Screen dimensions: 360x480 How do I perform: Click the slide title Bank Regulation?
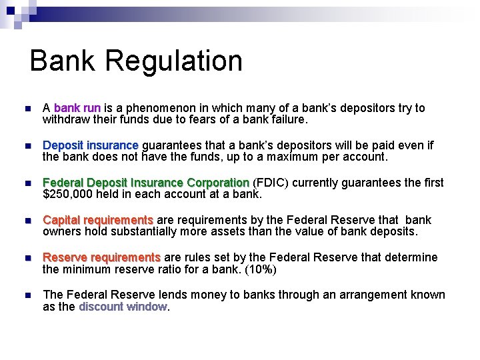point(136,61)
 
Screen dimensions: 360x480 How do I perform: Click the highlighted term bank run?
point(77,108)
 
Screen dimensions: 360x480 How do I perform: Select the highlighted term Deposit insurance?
point(91,145)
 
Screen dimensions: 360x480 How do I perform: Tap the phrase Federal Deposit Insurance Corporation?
point(146,183)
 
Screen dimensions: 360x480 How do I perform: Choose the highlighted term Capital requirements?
point(98,220)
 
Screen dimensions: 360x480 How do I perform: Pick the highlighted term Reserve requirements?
point(101,257)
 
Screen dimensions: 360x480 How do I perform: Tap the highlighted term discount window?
point(123,307)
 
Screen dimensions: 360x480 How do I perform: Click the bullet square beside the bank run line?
point(26,109)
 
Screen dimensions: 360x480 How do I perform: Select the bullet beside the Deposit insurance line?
point(26,146)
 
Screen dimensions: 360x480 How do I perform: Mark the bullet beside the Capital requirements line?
point(26,221)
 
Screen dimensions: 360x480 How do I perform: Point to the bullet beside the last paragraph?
point(26,295)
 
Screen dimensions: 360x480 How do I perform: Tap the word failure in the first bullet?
point(287,120)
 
